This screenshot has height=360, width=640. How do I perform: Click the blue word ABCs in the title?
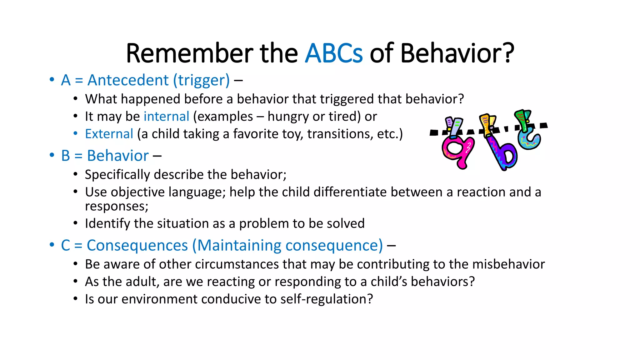(x=333, y=53)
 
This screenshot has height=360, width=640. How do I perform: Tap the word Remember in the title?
(x=189, y=53)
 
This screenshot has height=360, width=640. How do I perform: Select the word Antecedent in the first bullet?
(x=128, y=80)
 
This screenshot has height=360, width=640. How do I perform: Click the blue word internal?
(x=166, y=117)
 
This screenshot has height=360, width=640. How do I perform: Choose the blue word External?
(x=109, y=134)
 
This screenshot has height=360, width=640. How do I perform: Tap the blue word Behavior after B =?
(x=118, y=156)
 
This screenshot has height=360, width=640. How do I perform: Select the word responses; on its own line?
(x=117, y=206)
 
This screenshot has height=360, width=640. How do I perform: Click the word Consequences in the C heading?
(x=137, y=245)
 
